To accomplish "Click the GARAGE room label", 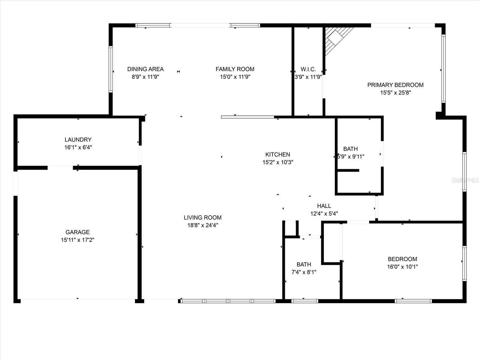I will coord(77,232).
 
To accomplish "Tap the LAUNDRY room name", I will coord(78,139).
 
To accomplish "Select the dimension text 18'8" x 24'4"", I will coord(202,225).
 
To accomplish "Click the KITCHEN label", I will coord(277,154).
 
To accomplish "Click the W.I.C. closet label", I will coord(308,69).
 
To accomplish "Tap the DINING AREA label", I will coord(145,69).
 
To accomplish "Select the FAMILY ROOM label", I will coord(235,69).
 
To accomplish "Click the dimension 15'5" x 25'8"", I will coord(395,93).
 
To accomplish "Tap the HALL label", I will coord(324,206).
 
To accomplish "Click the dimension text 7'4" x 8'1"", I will coord(304,272).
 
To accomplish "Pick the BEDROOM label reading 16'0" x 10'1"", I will coord(402,259).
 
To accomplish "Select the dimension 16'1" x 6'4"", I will coord(78,147).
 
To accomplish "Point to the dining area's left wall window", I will coord(110,69).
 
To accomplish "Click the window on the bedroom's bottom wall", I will coord(413,301).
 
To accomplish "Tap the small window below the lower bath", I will coord(304,301).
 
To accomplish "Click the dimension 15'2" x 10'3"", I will coord(277,162).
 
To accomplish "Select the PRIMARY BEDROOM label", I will coord(395,85).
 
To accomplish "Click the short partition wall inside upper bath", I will coord(348,170).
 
